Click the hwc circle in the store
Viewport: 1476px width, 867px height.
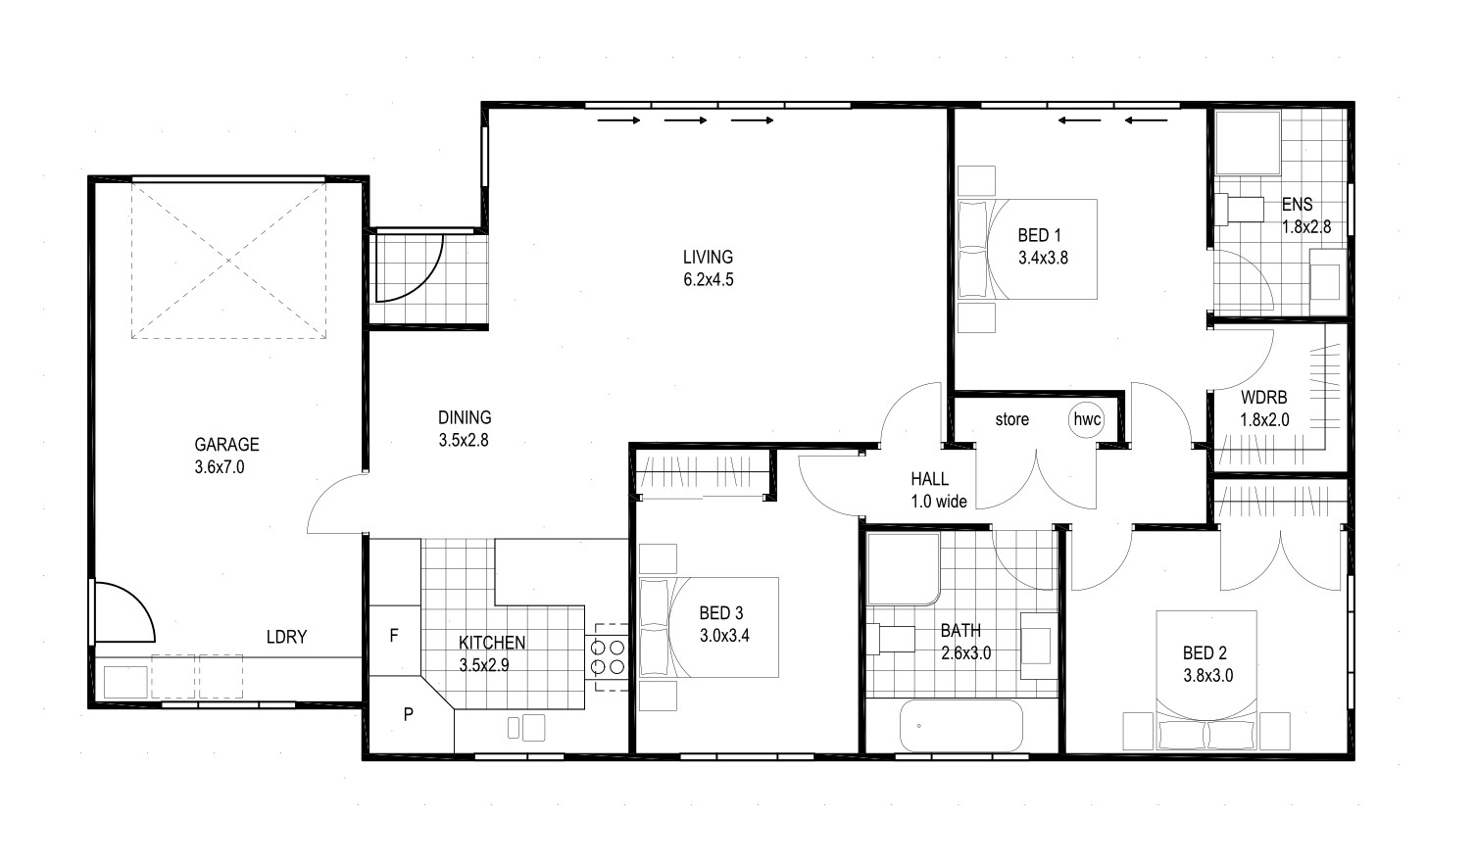[1087, 419]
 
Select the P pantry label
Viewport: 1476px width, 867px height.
[408, 714]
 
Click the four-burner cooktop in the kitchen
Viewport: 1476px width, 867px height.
[608, 656]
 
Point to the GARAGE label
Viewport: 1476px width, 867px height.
[226, 445]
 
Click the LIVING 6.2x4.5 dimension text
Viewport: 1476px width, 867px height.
[709, 279]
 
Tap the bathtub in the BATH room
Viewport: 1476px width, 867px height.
[960, 725]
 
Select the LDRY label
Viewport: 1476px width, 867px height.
[286, 637]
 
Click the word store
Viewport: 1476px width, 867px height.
[1012, 419]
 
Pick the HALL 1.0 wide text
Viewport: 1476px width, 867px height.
[938, 490]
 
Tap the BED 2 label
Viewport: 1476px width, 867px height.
[1205, 652]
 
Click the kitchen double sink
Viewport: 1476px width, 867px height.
[526, 728]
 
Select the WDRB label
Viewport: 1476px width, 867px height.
[1264, 398]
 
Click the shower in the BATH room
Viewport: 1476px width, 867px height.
[904, 569]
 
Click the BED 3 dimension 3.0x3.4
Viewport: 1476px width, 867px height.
[724, 636]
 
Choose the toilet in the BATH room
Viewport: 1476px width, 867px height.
[890, 640]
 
